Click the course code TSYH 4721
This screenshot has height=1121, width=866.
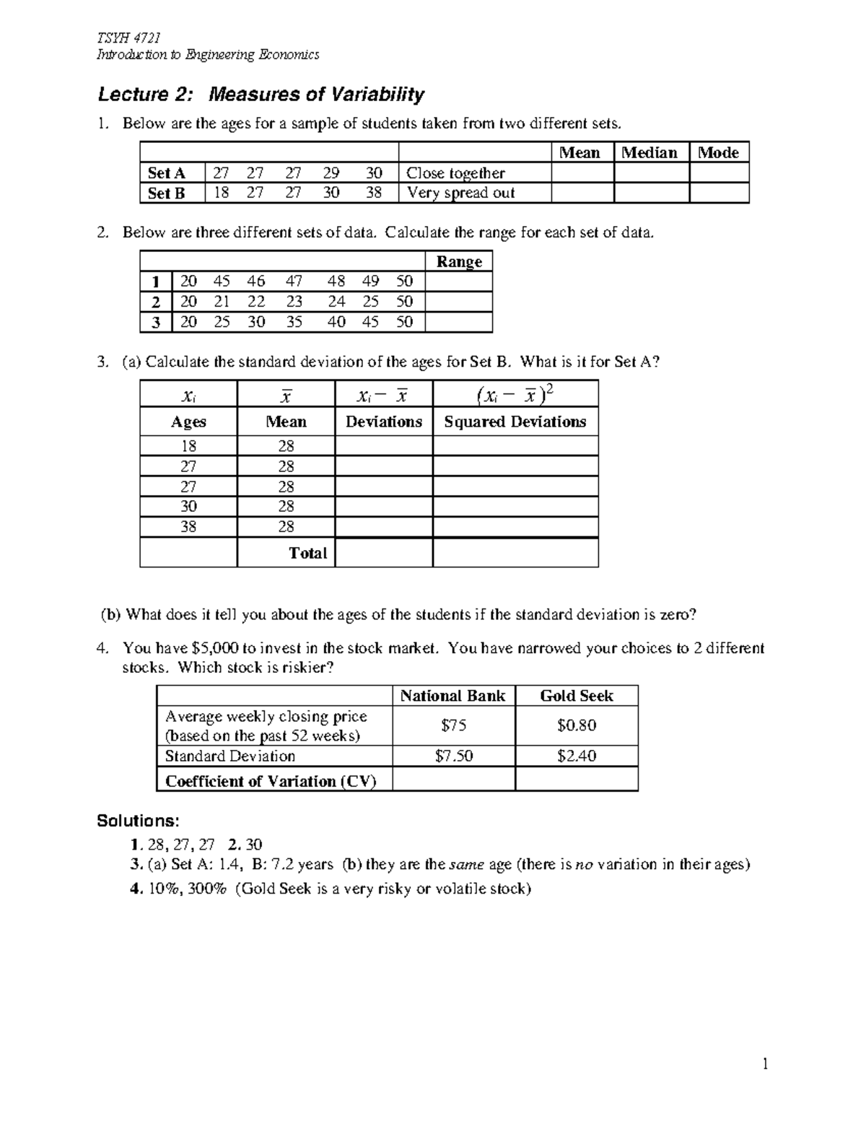(x=128, y=38)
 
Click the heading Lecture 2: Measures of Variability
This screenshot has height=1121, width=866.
(x=261, y=95)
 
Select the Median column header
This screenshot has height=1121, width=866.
(x=649, y=152)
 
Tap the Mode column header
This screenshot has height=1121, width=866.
(x=718, y=152)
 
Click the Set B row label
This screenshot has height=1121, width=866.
(x=166, y=193)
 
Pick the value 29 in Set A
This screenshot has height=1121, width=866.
(x=331, y=173)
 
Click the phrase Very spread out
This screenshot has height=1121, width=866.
(x=460, y=193)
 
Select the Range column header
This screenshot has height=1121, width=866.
(x=459, y=261)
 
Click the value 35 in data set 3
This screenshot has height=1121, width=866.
(x=294, y=322)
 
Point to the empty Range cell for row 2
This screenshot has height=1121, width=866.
(x=459, y=302)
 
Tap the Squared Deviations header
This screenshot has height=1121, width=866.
(x=515, y=422)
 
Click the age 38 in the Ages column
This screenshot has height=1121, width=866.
(x=188, y=527)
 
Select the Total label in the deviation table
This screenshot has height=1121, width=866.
(x=307, y=553)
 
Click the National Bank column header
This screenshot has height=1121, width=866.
(x=453, y=696)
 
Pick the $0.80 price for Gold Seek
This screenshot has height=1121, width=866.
(x=576, y=725)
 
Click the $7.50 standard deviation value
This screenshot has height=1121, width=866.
(x=454, y=756)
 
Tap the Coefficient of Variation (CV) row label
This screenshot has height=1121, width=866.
(x=271, y=781)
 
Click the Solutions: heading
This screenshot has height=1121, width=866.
(x=138, y=821)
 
